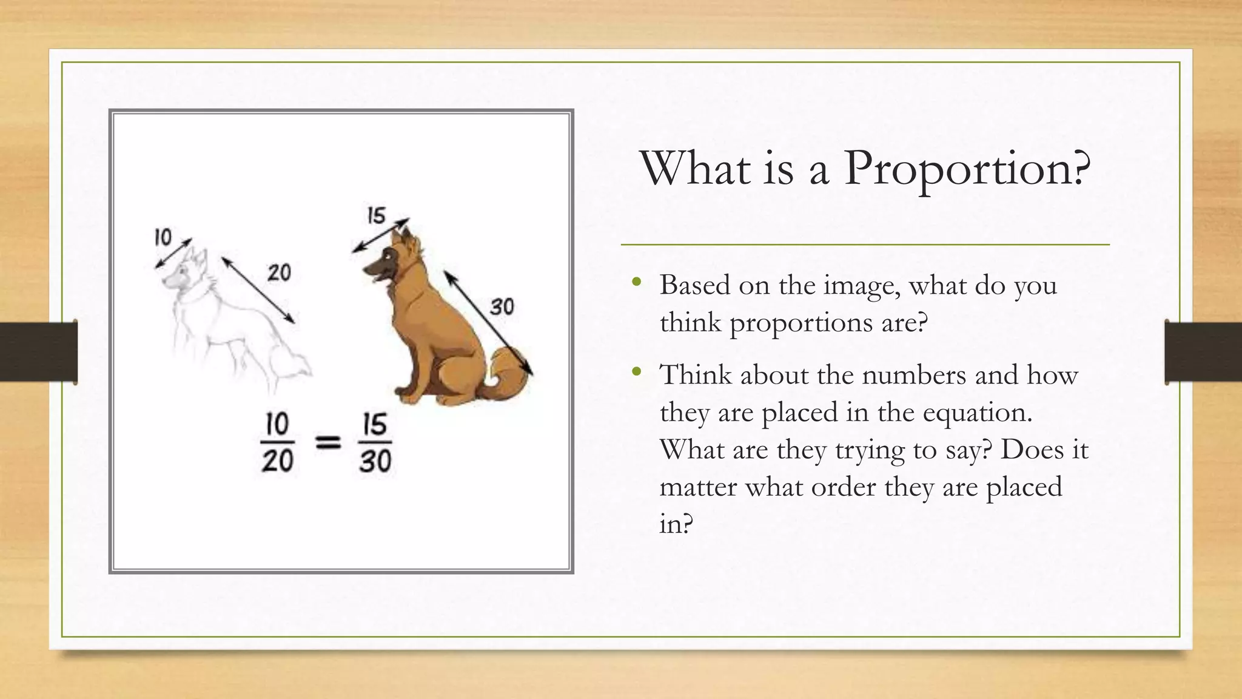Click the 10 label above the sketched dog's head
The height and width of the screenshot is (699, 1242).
tap(163, 237)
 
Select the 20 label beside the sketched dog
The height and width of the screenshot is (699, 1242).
tap(279, 273)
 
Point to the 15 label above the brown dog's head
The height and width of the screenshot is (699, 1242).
tap(376, 215)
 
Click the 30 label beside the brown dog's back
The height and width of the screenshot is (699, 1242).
tap(502, 307)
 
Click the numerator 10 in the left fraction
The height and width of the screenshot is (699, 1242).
tap(277, 424)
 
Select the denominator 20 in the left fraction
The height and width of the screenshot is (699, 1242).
tap(277, 461)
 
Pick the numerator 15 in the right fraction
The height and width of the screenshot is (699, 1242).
tap(375, 424)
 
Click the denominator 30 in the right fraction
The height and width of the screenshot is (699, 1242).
tap(375, 461)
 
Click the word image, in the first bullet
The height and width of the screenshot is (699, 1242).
tap(861, 285)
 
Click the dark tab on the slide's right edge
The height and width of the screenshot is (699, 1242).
tap(1203, 352)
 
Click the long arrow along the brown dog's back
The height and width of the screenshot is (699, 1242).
tap(488, 323)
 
